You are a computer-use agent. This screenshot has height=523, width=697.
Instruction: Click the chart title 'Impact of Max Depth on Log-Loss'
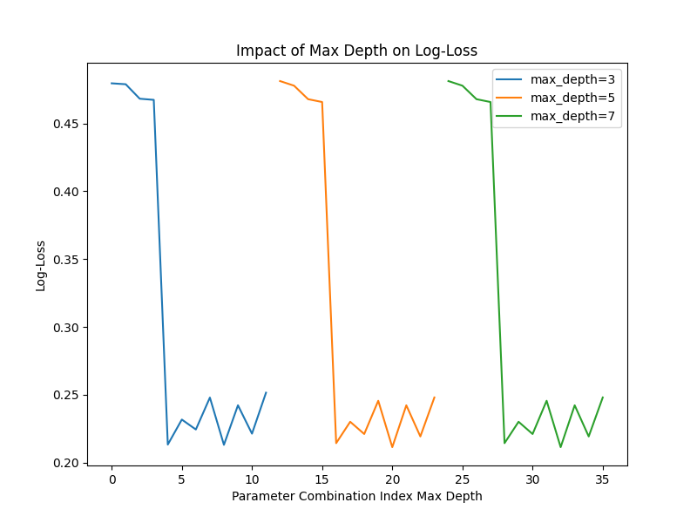click(356, 51)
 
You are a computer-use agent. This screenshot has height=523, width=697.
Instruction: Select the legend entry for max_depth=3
click(556, 79)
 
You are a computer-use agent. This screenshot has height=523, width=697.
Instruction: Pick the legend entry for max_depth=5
click(556, 98)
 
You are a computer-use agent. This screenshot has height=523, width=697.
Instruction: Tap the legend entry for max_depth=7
click(556, 116)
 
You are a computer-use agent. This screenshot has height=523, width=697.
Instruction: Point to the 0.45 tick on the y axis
click(66, 124)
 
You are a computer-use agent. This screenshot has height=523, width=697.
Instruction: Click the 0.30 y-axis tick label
click(66, 328)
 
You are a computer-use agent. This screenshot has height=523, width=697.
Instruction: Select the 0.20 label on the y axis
click(66, 464)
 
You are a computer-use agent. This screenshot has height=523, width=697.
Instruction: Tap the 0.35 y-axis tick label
click(66, 260)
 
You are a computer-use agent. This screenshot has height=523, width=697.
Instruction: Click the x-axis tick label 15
click(321, 479)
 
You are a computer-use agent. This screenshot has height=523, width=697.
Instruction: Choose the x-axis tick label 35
click(602, 479)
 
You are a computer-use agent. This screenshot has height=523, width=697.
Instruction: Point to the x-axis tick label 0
click(112, 479)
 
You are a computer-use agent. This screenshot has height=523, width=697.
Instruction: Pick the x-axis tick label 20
click(392, 479)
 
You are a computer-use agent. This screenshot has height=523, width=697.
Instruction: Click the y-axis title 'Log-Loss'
click(40, 266)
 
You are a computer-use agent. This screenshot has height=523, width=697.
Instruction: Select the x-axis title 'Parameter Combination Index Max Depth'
click(357, 496)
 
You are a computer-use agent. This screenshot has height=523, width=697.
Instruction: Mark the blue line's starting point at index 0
click(112, 83)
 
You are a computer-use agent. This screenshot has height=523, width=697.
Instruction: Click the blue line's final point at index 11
click(266, 393)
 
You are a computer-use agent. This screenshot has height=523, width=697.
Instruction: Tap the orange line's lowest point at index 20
click(392, 447)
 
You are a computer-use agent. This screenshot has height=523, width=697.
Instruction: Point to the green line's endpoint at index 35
click(603, 397)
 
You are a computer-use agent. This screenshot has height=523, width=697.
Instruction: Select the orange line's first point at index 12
click(280, 81)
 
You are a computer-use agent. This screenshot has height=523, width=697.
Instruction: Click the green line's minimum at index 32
click(560, 447)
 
